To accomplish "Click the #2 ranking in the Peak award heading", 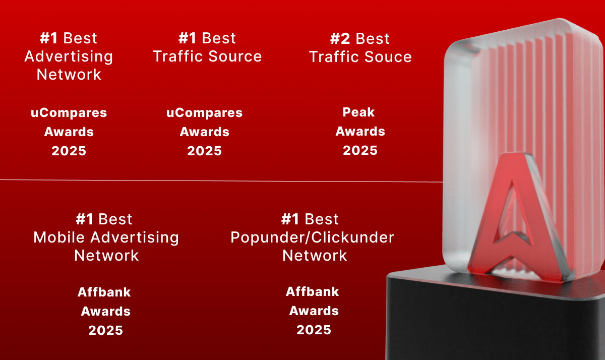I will (x=341, y=39).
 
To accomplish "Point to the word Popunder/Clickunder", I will (x=312, y=237).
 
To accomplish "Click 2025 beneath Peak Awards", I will (x=360, y=150).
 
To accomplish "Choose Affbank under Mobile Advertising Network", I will (x=104, y=292).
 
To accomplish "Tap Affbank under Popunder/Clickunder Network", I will (x=312, y=291).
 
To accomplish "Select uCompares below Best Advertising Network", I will (x=69, y=112).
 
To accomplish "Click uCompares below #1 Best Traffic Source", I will (x=204, y=112).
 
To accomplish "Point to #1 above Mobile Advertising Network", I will (x=85, y=219).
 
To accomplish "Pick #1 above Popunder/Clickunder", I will (x=290, y=219).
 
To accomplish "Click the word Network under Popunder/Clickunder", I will (x=315, y=255).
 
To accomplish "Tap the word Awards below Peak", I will (x=360, y=131).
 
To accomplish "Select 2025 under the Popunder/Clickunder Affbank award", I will (x=314, y=330).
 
